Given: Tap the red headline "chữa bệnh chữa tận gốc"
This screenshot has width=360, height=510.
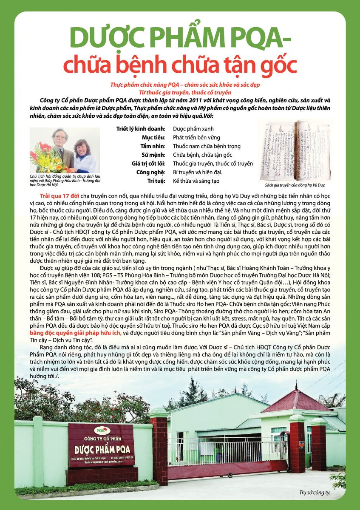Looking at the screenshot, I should coord(180,65).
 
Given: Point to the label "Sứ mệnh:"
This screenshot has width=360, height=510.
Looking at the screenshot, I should coord(156,155).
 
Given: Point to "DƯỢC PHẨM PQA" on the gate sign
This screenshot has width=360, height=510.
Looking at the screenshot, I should coord(102,449).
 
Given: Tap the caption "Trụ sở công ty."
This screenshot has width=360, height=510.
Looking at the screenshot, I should coord(315,493).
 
